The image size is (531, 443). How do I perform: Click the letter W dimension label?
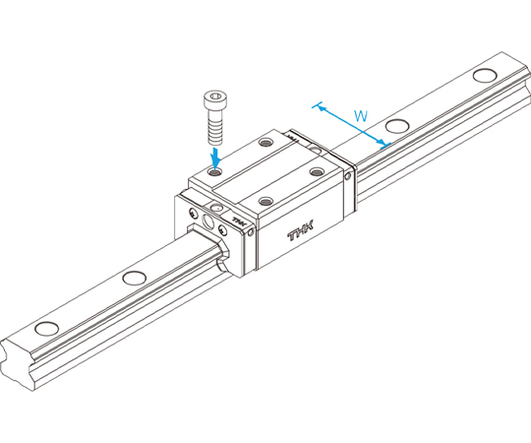361,116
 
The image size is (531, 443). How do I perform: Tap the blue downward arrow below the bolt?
215,157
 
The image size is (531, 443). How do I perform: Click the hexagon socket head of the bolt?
215,99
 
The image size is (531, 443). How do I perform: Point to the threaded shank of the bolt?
215,127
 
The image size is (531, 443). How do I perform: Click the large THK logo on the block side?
301,230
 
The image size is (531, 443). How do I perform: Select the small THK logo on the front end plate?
240,222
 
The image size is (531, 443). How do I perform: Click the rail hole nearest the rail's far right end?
485,75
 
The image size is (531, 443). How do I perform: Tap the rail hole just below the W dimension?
397,126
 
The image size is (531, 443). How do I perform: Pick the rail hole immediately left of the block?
135,278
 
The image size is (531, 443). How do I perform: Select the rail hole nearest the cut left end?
47,329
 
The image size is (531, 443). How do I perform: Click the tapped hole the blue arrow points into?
214,172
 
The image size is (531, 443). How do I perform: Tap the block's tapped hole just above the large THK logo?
265,202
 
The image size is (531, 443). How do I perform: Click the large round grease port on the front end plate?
207,221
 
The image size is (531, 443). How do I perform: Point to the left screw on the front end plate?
193,213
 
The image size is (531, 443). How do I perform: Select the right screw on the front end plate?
222,229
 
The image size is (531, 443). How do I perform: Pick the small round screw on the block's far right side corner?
348,176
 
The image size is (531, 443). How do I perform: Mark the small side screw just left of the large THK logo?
251,232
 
